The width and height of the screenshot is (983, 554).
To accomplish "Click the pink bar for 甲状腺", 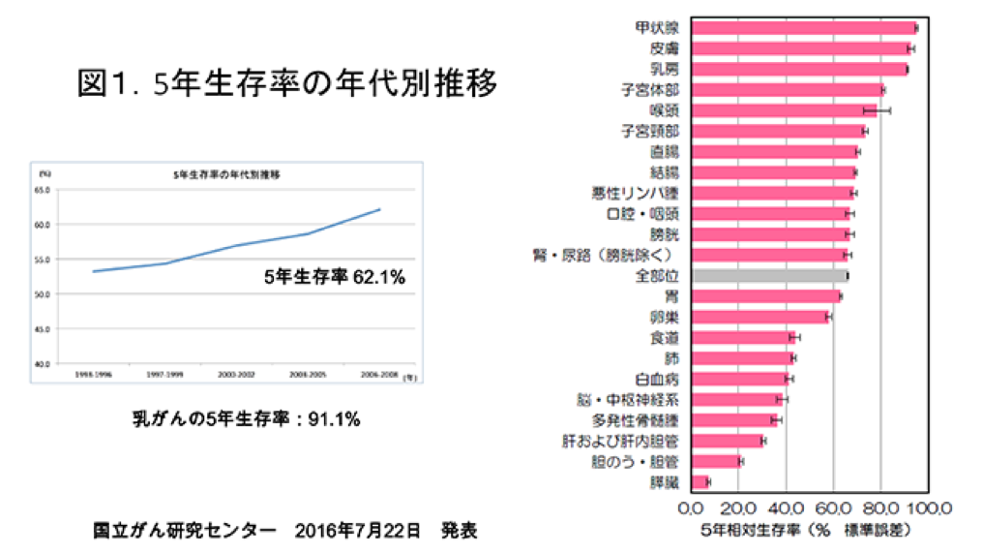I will click(803, 27).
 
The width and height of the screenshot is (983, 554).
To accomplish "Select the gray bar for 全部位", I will click(769, 275).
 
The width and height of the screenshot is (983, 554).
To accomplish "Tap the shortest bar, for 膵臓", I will click(700, 481).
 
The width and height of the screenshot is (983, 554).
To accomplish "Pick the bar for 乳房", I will click(798, 69).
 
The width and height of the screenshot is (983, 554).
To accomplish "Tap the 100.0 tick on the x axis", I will click(930, 509).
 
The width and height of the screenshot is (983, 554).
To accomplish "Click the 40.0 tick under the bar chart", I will click(787, 509).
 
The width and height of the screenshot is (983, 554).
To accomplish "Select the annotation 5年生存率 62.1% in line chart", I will click(334, 276).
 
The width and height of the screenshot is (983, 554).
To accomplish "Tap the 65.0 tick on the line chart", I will click(44, 190).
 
